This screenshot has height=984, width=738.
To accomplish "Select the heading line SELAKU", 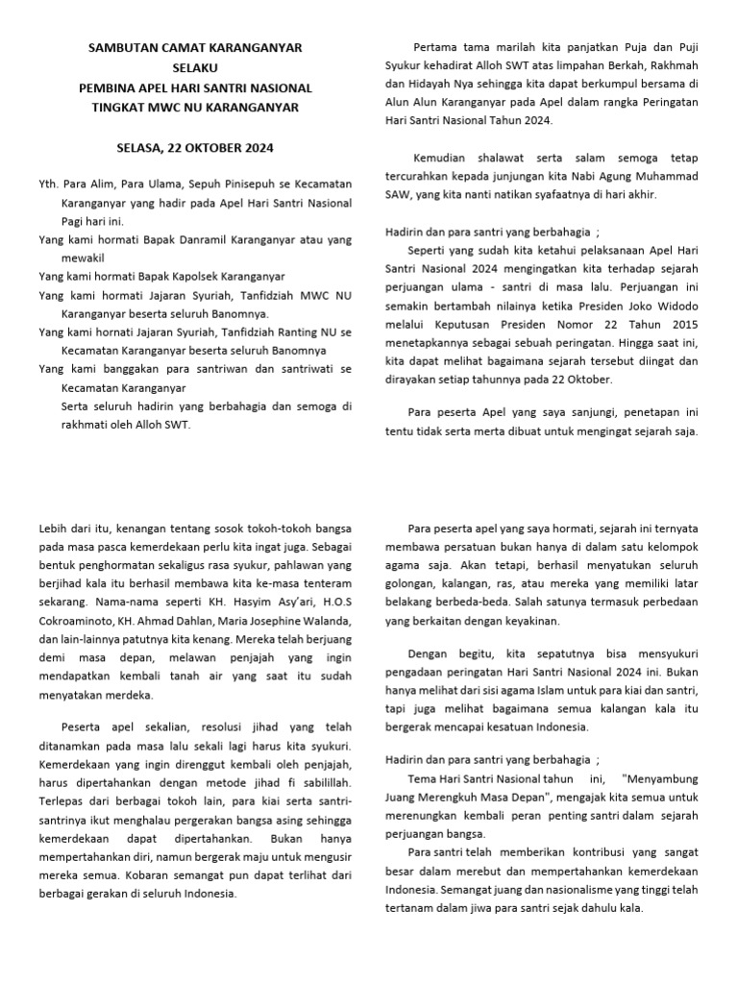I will click(195, 67).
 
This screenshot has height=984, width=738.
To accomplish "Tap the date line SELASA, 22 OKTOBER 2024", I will click(195, 148).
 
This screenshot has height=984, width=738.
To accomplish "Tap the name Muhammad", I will click(688, 176).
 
